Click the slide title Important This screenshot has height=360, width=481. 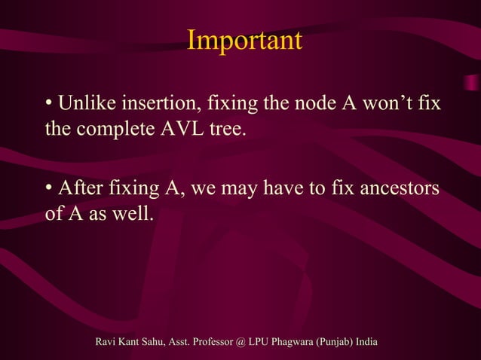pyautogui.click(x=244, y=41)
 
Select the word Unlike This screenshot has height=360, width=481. pyautogui.click(x=85, y=102)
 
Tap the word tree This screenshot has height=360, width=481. pyautogui.click(x=228, y=129)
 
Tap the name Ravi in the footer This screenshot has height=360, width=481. pyautogui.click(x=108, y=343)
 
